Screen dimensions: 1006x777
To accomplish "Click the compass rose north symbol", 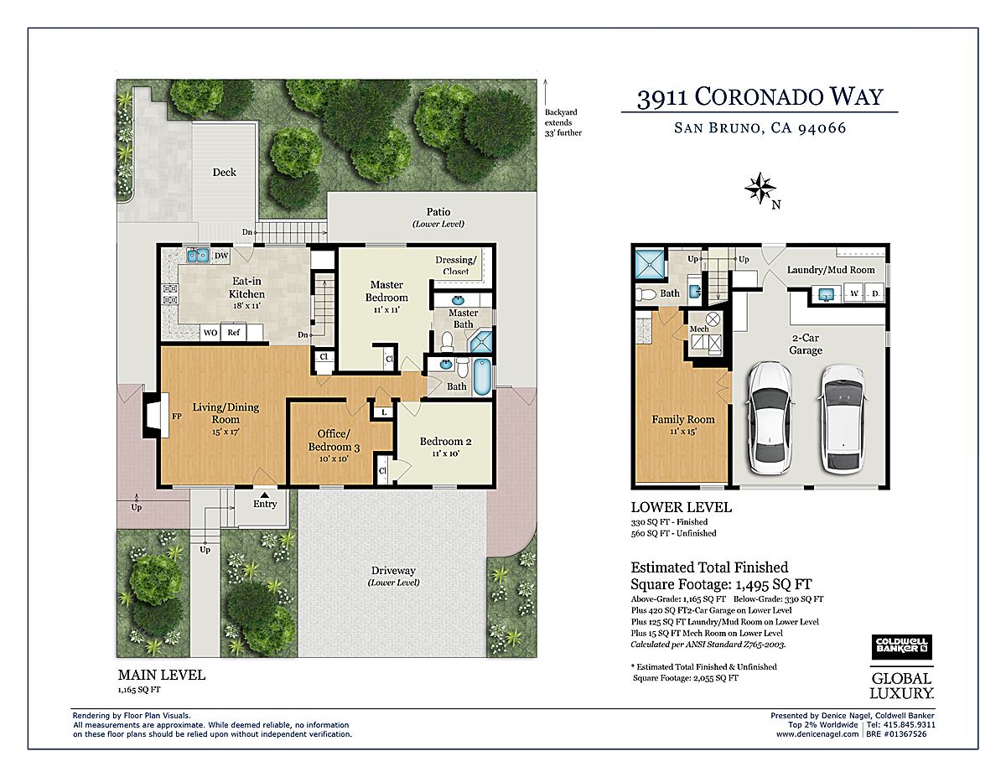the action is click(x=760, y=188).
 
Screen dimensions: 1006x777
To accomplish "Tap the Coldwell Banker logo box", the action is click(x=902, y=647).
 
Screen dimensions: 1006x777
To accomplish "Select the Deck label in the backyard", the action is click(x=224, y=172).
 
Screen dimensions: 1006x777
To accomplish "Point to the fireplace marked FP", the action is click(x=155, y=415).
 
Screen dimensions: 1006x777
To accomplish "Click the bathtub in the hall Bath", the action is click(x=482, y=376).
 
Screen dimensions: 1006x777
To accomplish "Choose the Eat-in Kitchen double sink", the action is click(x=198, y=255).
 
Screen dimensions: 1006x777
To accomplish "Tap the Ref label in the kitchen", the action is click(x=233, y=332).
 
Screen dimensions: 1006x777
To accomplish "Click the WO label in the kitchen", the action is click(x=210, y=332).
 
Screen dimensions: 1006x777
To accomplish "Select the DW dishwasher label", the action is click(x=221, y=256).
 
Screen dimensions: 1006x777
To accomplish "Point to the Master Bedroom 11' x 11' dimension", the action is click(x=386, y=309).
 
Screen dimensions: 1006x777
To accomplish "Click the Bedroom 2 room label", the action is click(x=445, y=442).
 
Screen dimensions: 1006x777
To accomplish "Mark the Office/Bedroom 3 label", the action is click(x=334, y=440).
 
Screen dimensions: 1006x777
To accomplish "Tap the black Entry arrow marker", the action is click(x=265, y=495).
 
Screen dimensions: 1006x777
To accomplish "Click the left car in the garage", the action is click(x=770, y=418).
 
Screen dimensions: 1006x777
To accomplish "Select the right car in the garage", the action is click(x=843, y=420).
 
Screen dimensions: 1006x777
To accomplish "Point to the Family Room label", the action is click(x=683, y=419).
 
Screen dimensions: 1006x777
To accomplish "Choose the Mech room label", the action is click(x=699, y=329).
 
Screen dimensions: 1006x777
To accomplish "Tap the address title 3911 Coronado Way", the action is click(x=760, y=97).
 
